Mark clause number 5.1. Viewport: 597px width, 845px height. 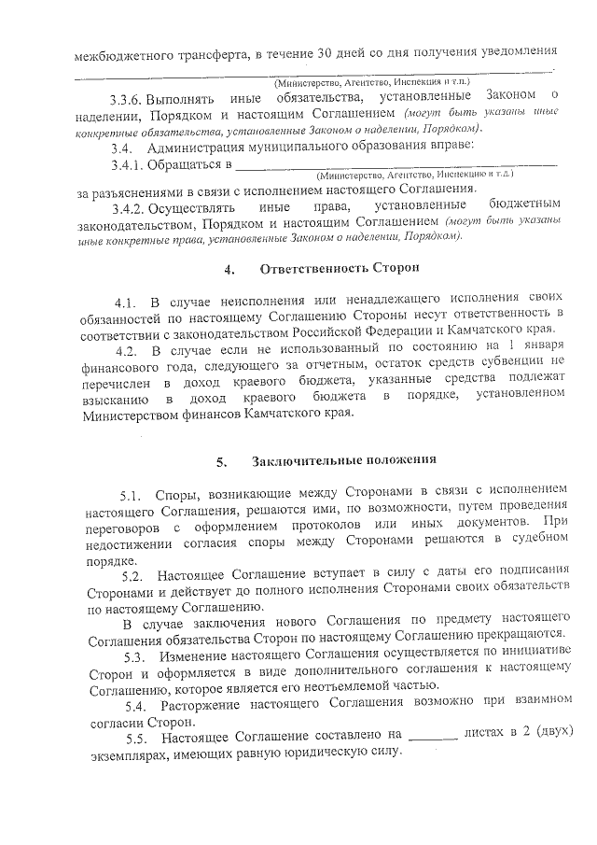pos(130,495)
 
